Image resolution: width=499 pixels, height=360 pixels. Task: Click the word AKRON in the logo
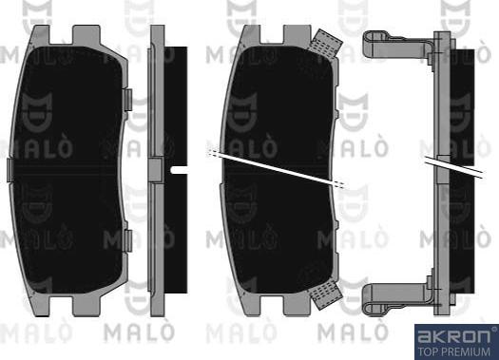tap(453, 336)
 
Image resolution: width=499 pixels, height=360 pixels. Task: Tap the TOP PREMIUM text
tap(453, 351)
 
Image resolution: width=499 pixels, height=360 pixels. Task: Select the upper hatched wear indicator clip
tap(325, 43)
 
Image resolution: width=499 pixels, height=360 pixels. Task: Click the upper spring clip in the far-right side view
tap(398, 45)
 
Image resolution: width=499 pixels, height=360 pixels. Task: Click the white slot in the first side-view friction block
tap(179, 170)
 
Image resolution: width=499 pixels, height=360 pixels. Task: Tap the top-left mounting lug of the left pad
tap(42, 35)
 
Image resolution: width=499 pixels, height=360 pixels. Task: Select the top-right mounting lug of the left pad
tap(86, 35)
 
